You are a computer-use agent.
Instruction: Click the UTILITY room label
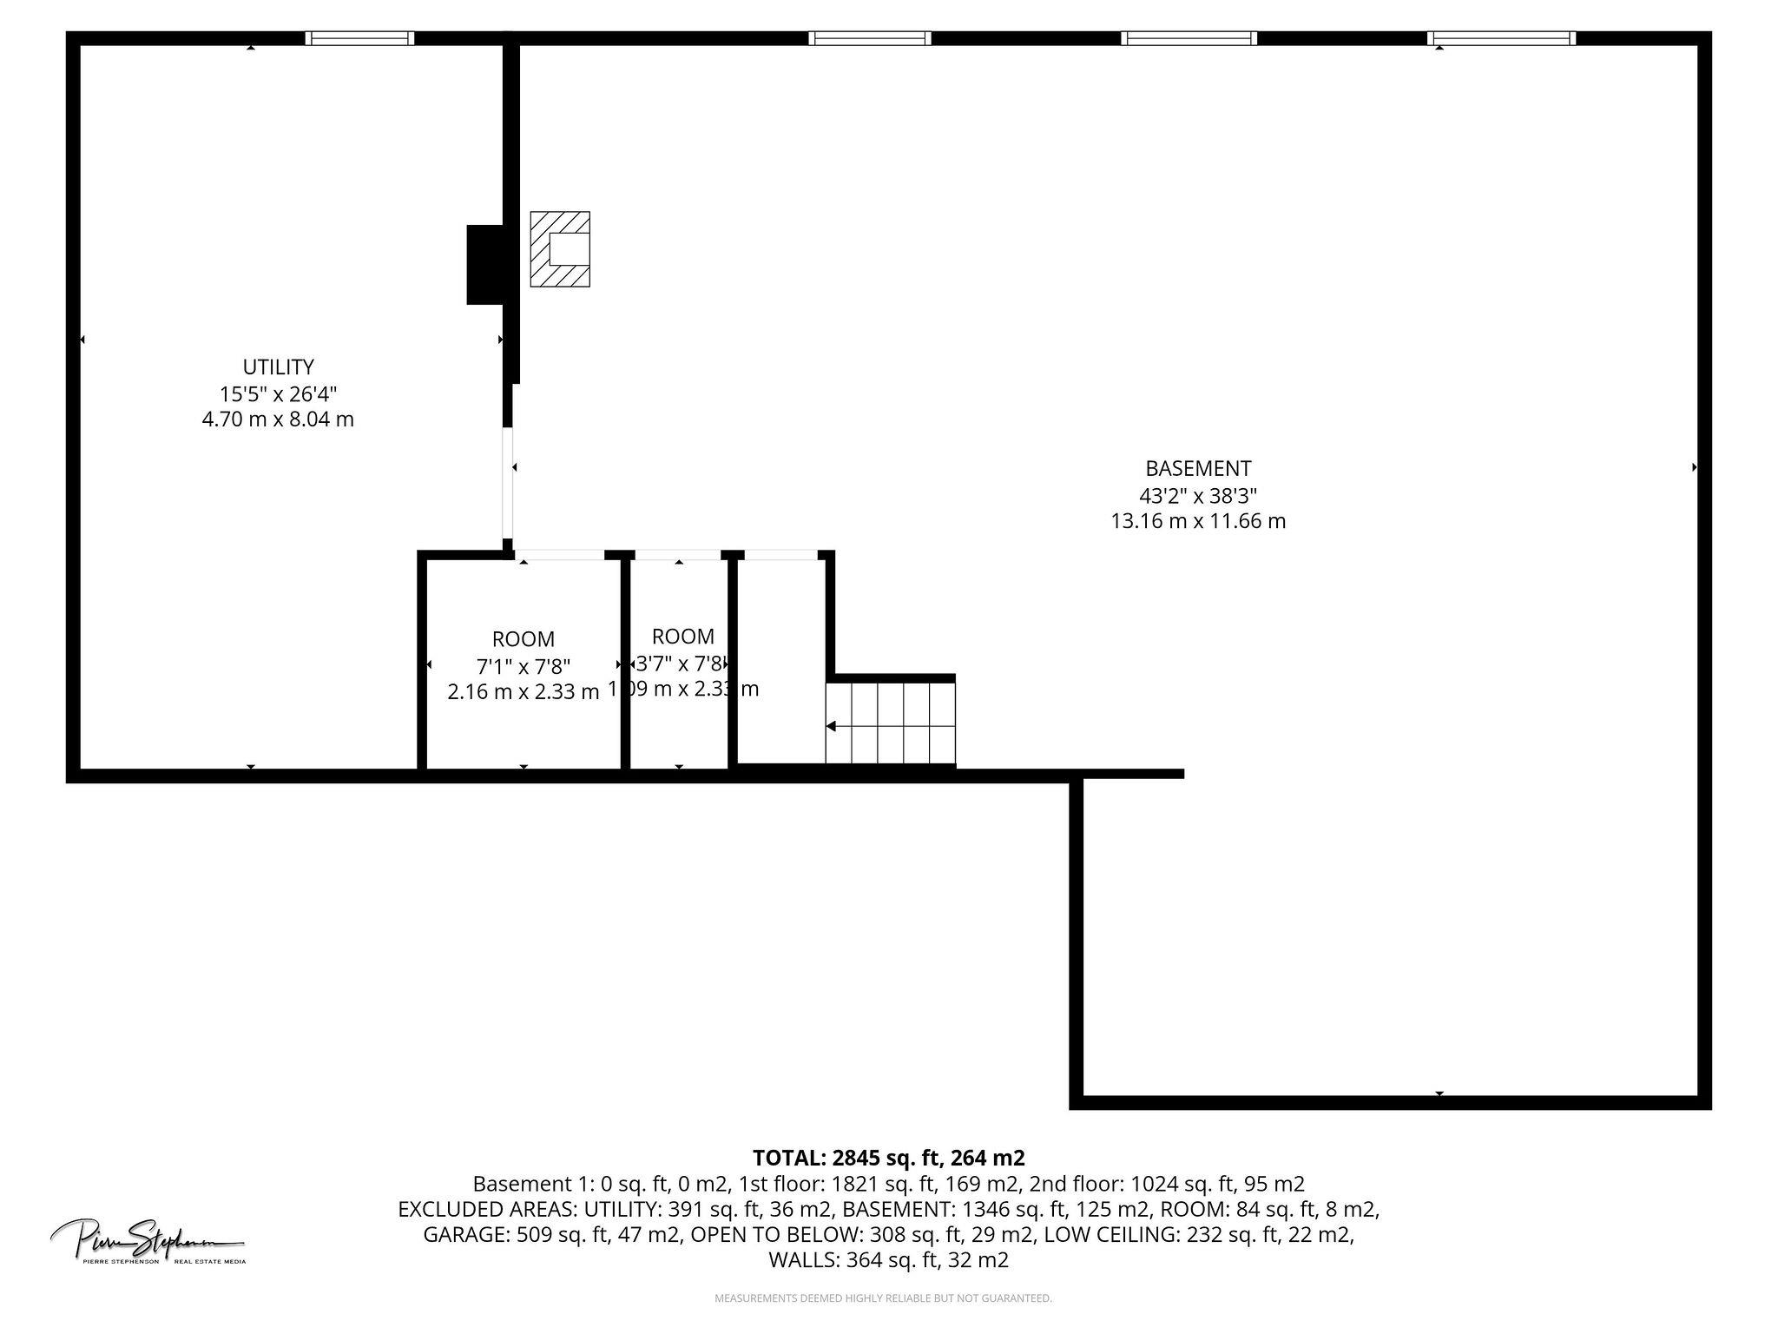coord(278,367)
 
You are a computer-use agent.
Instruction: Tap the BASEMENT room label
coord(1198,469)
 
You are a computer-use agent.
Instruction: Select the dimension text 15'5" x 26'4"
coord(278,393)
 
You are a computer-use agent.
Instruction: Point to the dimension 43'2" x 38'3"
coord(1198,495)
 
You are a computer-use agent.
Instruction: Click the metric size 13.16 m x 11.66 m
coord(1198,521)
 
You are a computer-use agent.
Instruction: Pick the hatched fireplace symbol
coord(560,249)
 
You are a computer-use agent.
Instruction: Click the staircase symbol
coord(891,723)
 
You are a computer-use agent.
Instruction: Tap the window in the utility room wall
coord(359,38)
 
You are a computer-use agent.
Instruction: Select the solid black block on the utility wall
coord(485,264)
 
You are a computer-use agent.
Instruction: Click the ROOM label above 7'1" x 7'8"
coord(523,639)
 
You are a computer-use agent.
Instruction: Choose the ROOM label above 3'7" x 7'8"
coord(683,636)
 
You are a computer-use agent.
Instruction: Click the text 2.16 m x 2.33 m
coord(523,692)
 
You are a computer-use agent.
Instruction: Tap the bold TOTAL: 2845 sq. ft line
coord(888,1158)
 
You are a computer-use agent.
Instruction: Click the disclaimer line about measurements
coord(883,1298)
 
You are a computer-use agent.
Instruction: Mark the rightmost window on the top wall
coord(1501,38)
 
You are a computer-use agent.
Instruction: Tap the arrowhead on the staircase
coord(831,726)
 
